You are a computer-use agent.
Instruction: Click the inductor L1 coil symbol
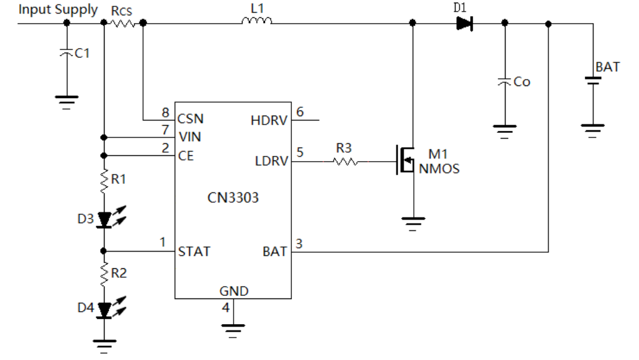257,21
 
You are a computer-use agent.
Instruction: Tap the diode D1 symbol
464,23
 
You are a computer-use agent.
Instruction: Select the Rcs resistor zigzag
123,23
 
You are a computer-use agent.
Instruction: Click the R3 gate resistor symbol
346,162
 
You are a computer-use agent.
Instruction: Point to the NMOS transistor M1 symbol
405,160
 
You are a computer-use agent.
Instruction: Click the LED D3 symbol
111,218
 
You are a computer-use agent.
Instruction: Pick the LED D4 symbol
111,308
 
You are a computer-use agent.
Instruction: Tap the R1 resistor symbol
105,181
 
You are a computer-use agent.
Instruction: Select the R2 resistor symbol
105,275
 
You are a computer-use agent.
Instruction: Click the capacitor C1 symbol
67,53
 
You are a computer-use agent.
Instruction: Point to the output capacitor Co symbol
504,81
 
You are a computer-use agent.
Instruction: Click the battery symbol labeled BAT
593,81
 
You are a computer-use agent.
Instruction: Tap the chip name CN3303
233,198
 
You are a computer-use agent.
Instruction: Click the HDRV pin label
269,121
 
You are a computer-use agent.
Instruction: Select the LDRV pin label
271,161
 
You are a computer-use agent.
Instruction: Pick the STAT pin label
194,252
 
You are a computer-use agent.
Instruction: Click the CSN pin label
191,119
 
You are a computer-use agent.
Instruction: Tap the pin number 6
300,112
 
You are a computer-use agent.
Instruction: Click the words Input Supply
58,10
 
